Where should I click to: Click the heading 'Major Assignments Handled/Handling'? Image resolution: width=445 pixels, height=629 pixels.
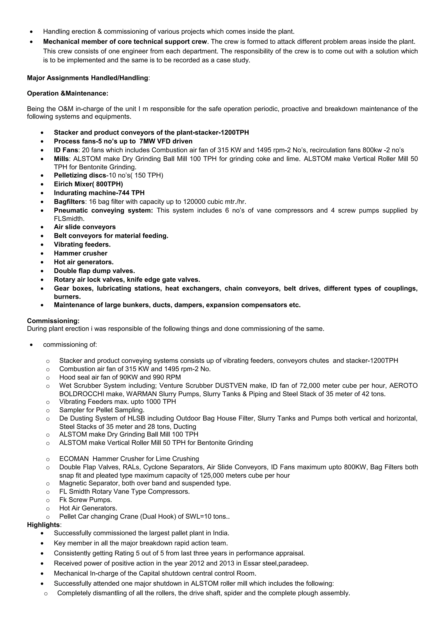tap(88, 78)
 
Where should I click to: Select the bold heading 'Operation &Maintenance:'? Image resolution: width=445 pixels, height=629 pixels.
tap(67, 93)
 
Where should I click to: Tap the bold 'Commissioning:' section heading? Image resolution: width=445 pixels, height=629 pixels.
tap(53, 321)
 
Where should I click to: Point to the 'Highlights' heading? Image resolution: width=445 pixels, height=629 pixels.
tap(43, 525)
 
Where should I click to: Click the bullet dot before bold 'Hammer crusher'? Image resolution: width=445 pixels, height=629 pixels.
tap(42, 254)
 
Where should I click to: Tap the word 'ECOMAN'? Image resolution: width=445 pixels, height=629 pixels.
tap(74, 459)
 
